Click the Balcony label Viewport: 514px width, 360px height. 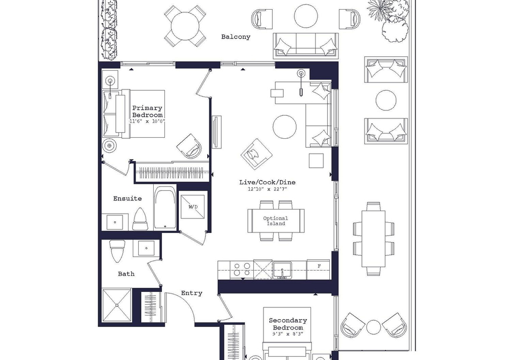pos(236,37)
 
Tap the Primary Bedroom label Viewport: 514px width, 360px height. pos(147,111)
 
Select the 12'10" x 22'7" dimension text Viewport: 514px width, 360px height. pos(268,189)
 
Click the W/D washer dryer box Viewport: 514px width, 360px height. pos(193,207)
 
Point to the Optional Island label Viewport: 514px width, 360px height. pos(276,221)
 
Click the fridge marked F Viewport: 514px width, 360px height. pos(318,269)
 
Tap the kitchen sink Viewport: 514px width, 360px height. pos(282,271)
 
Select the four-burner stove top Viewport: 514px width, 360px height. pos(241,269)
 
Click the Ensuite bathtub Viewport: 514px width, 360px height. pos(165,207)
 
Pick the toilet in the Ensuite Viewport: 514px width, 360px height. pos(140,219)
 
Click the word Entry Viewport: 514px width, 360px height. pos(192,293)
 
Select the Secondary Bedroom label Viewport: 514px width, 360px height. pos(288,324)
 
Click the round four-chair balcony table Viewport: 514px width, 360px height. pos(185,25)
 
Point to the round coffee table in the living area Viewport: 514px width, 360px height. pos(284,127)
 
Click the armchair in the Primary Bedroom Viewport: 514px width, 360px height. pos(190,146)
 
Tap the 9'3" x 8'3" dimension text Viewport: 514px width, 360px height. pos(288,334)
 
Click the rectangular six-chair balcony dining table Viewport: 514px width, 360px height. pos(373,239)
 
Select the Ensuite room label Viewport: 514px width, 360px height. pos(127,198)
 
